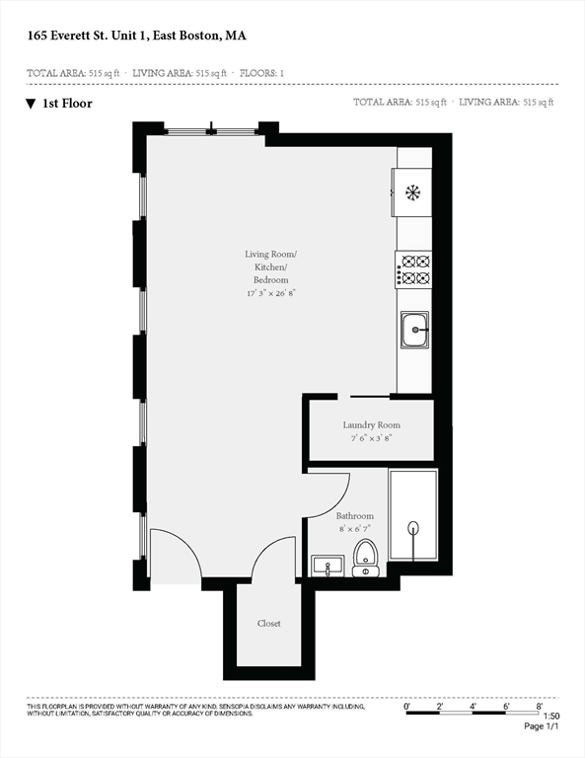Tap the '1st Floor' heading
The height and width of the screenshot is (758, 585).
pos(67,103)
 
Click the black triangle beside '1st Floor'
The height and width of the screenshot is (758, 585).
pos(31,103)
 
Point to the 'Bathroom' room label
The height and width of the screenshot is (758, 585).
pos(354,516)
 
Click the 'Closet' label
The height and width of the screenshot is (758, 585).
pos(268,623)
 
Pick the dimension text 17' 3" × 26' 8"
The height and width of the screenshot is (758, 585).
pos(271,293)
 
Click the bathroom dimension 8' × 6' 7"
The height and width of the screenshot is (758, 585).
pos(354,529)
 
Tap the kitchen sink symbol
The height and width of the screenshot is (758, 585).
pos(414,330)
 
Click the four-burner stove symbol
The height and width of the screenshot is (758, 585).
pos(414,269)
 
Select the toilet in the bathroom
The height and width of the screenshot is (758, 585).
pos(365,558)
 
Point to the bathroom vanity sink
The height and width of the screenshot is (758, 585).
pos(326,566)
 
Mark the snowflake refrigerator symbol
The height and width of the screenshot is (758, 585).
pos(412,191)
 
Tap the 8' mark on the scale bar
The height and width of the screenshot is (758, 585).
pos(540,706)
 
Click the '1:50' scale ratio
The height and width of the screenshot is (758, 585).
pos(551,716)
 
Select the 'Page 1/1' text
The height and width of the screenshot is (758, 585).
pos(542,727)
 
